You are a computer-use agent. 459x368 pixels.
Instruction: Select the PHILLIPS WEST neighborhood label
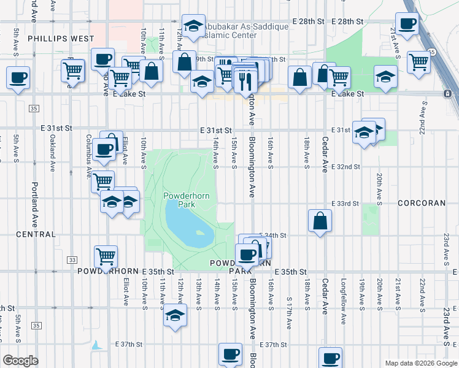pos(52,38)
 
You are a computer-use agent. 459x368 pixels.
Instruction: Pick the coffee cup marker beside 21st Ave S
pos(406,25)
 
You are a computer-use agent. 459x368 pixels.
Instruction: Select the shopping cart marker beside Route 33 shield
pos(106,256)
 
